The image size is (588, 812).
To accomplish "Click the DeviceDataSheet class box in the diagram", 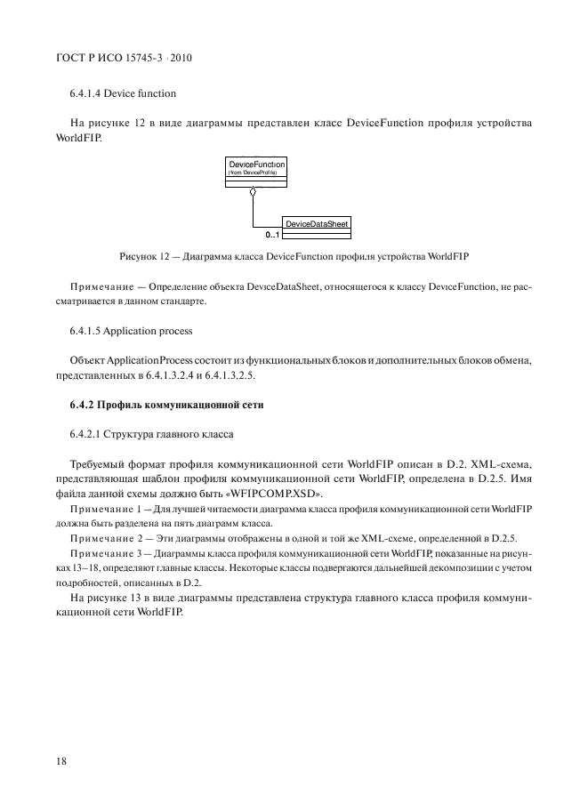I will coord(316,227).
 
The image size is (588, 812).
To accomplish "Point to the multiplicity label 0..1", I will coord(272,236).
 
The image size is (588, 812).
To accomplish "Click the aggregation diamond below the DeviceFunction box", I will coord(254,193).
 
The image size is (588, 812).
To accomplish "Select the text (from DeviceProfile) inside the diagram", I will coord(254,173).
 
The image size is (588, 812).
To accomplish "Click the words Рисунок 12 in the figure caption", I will coord(145,256).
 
